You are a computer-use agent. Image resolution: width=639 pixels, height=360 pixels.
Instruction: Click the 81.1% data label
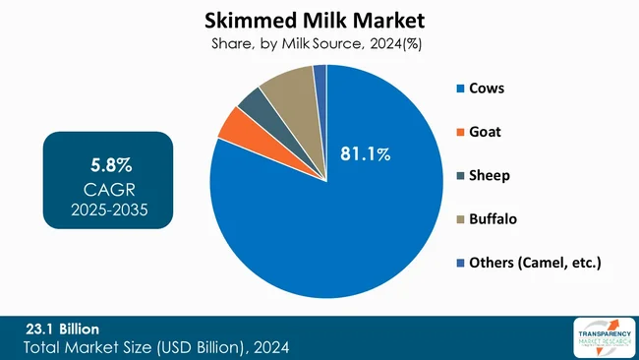365,154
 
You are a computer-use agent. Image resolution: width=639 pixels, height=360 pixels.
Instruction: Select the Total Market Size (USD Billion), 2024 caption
156,347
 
